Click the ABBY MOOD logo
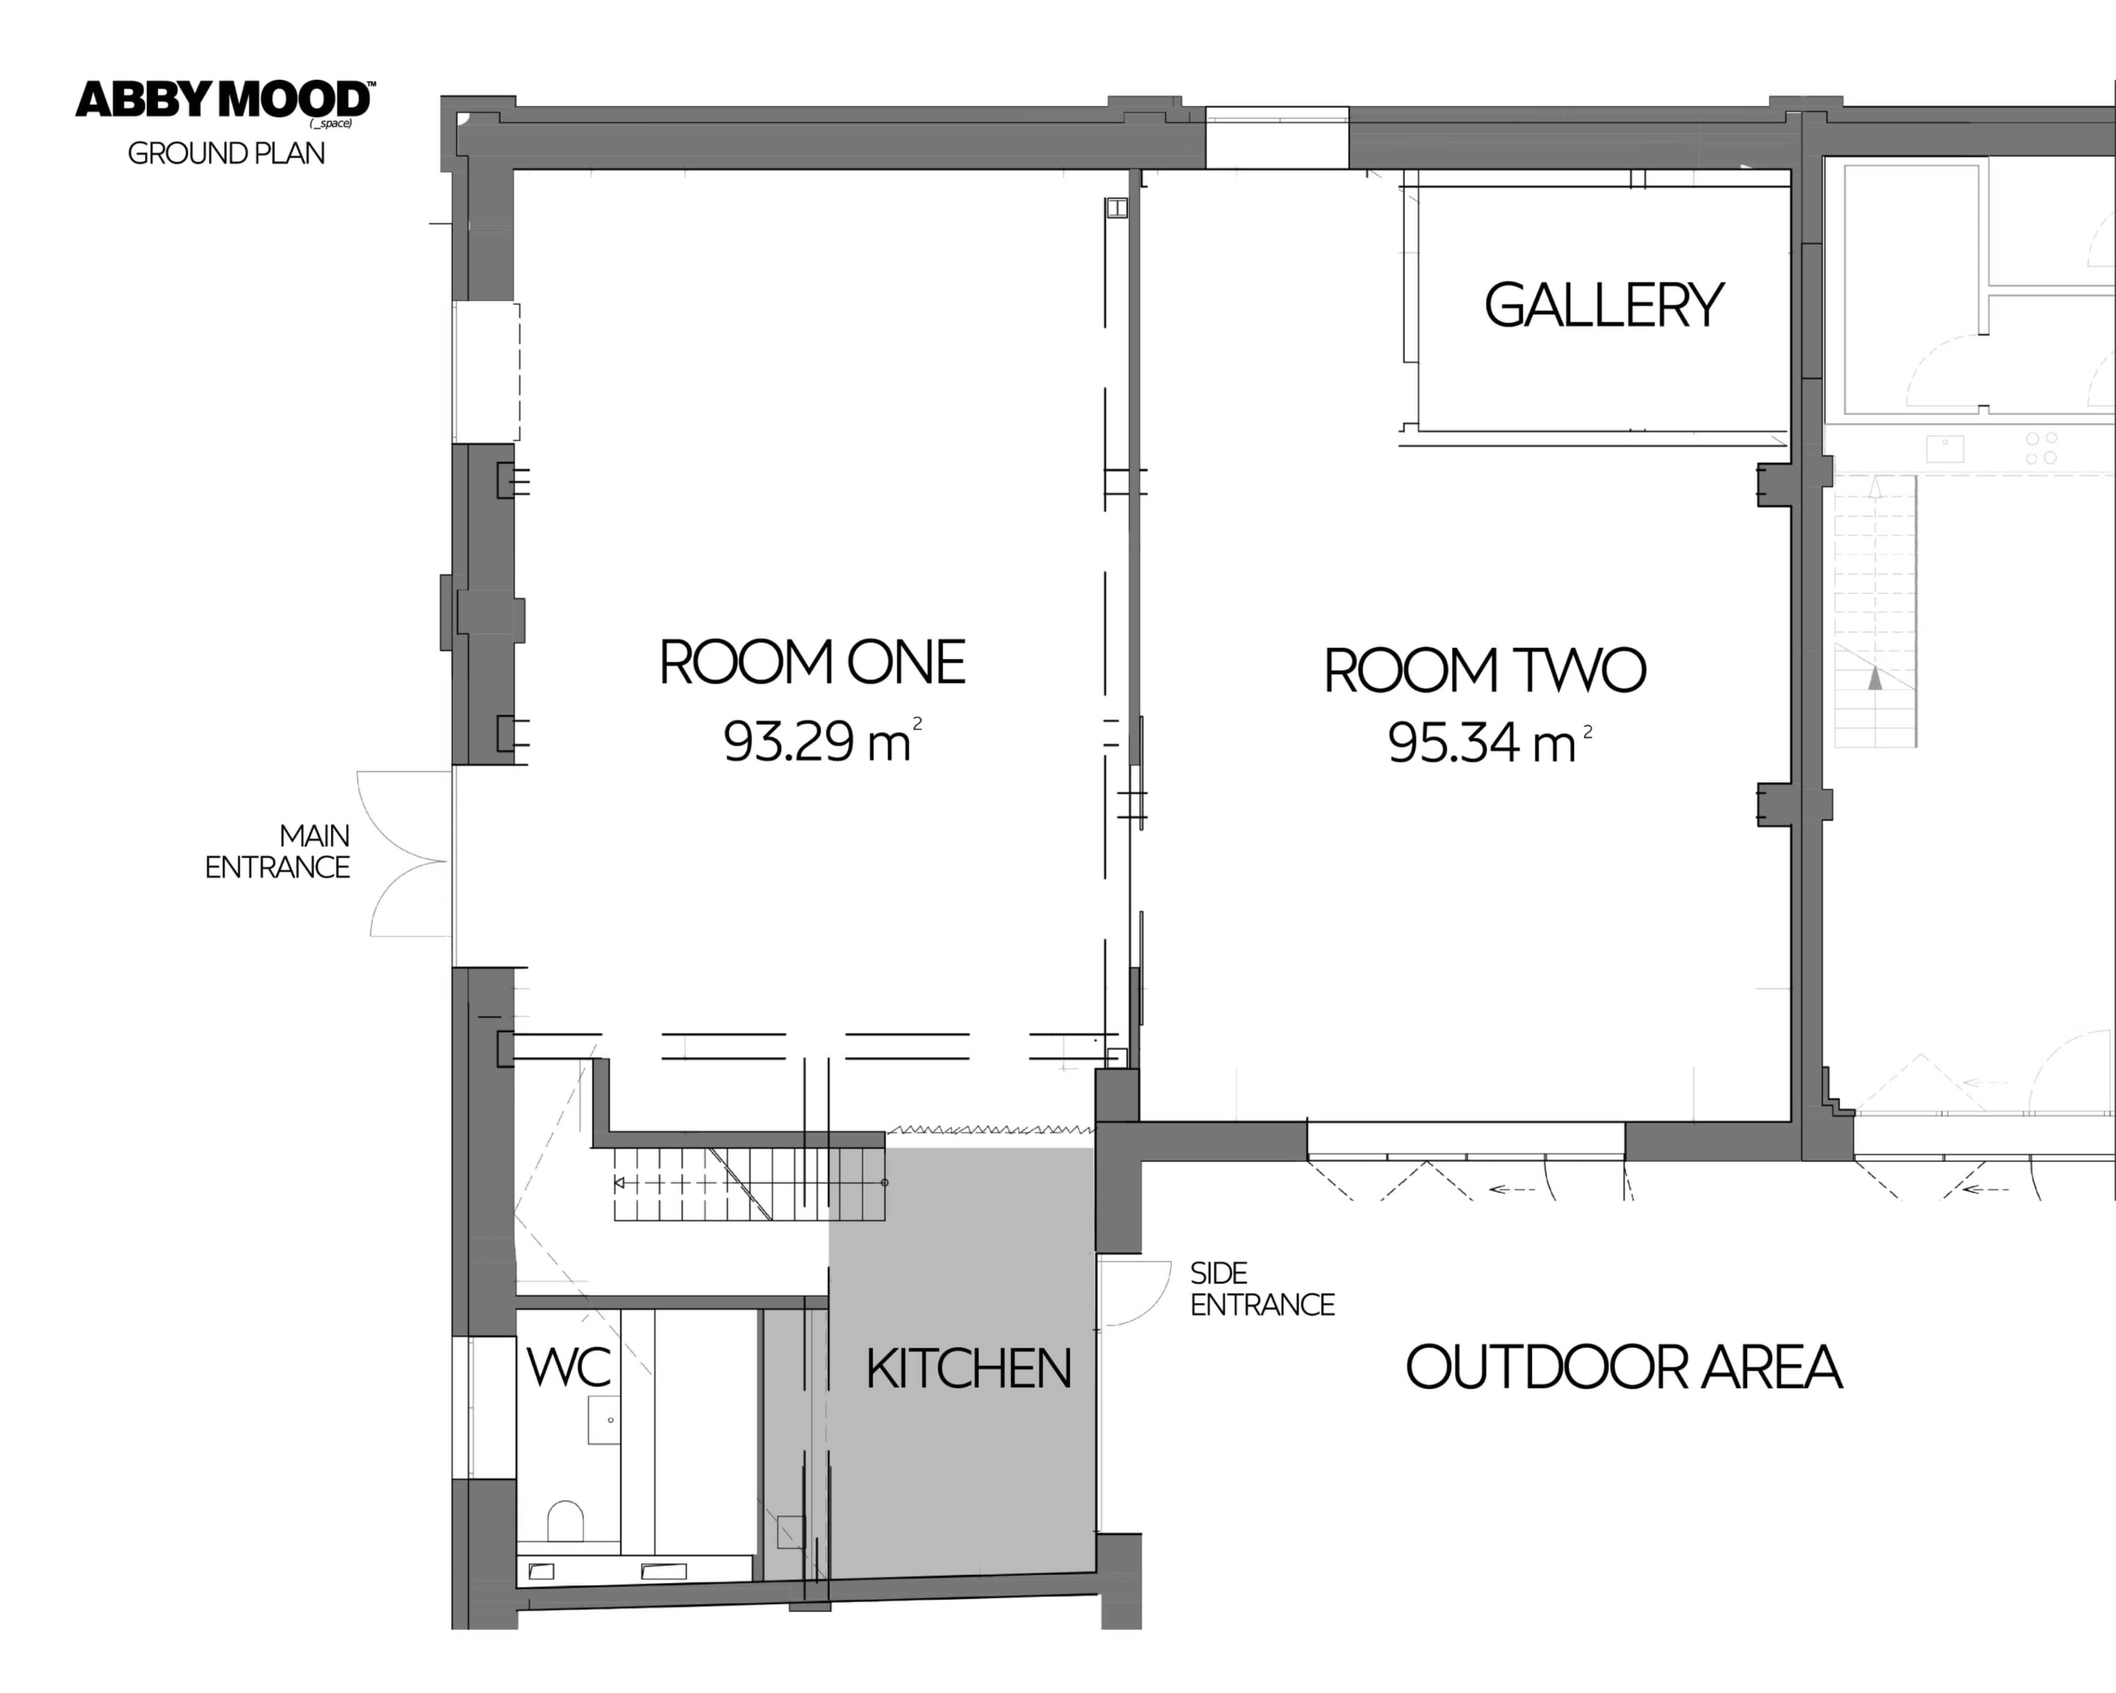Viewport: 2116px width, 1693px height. coord(224,101)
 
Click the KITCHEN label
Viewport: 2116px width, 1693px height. coord(968,1368)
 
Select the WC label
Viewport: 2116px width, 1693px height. coord(568,1366)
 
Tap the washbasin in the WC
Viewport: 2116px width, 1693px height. coord(603,1419)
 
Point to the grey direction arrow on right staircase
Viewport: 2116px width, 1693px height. coord(1875,677)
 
